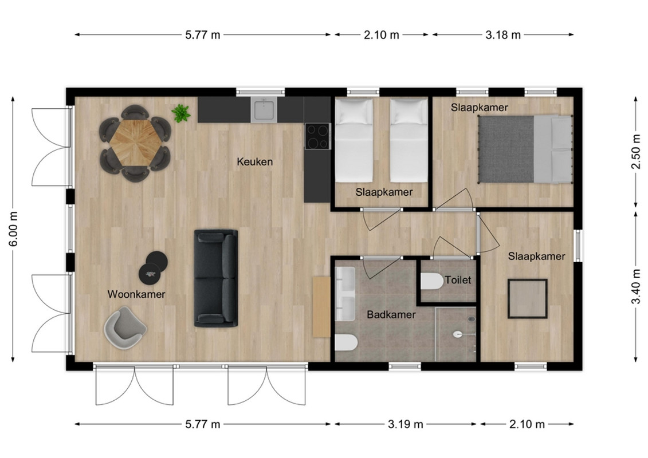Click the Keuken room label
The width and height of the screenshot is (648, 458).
tap(254, 161)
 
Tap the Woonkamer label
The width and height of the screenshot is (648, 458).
tap(136, 294)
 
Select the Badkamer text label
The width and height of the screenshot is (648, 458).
tap(391, 315)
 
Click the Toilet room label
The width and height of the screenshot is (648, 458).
tap(458, 280)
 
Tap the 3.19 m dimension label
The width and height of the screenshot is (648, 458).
tap(406, 424)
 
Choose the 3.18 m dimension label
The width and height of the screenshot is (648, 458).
tap(503, 35)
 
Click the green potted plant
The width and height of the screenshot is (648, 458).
tap(181, 113)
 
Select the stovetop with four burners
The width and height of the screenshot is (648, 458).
tap(318, 136)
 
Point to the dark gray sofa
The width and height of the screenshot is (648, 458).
tap(216, 278)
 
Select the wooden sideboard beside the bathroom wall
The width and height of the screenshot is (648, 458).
tap(321, 307)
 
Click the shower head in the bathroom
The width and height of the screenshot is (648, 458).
tap(472, 319)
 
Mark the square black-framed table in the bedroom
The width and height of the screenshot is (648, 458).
tap(528, 299)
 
